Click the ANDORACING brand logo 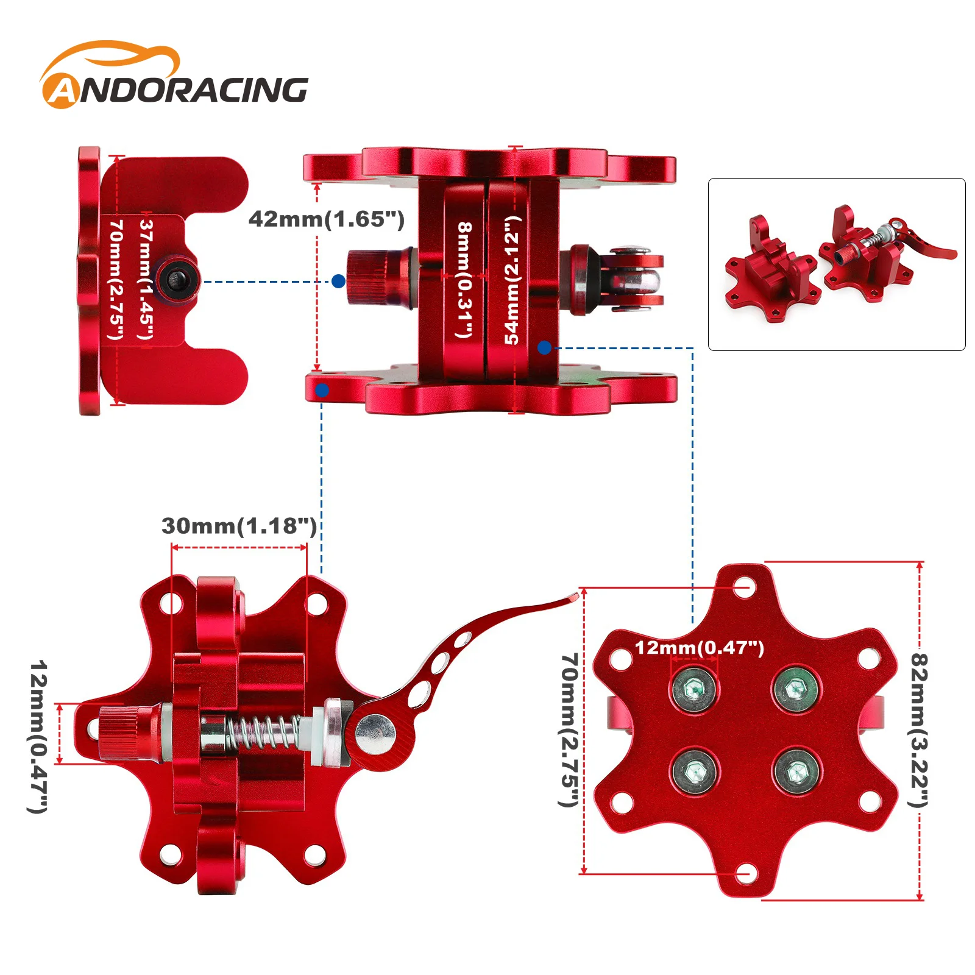174,76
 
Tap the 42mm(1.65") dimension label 327,219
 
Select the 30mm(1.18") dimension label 239,526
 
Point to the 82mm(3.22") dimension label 919,730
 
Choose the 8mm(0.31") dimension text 464,280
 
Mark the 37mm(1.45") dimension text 146,280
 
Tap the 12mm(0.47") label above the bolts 700,647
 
